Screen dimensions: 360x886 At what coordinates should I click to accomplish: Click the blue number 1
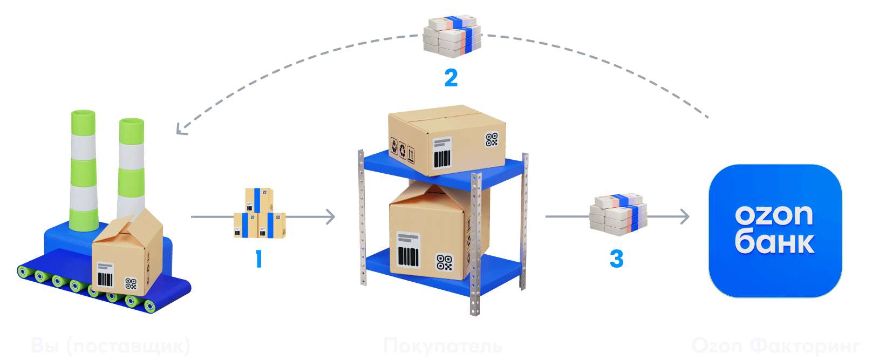(x=259, y=259)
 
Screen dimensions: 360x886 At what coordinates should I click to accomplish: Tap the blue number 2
(x=451, y=78)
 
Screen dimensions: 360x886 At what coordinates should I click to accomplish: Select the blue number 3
(x=616, y=259)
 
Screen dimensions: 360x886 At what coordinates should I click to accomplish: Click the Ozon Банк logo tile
(x=775, y=230)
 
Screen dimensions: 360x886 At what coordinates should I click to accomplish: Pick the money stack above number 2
(x=452, y=36)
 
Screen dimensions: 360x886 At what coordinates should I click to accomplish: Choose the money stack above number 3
(x=618, y=214)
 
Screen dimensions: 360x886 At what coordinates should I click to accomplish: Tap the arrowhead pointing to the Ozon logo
(x=685, y=217)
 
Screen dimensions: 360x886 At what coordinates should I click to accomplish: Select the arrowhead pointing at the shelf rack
(x=330, y=217)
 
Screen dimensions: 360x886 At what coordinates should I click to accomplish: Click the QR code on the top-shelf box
(x=492, y=140)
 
